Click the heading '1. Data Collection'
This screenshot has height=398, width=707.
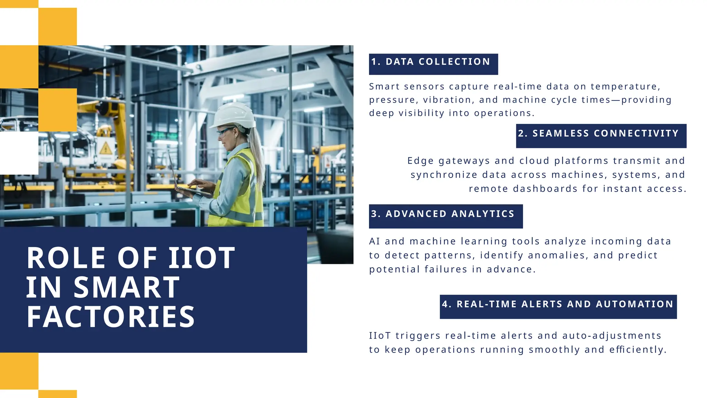[x=433, y=62]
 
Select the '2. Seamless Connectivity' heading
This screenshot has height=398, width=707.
[x=601, y=134]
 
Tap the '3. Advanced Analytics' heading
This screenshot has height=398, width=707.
[x=445, y=214]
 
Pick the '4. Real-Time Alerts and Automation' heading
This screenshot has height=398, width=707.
[x=558, y=304]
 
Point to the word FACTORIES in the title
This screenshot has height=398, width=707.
[x=111, y=317]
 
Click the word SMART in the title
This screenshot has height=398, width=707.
[x=127, y=287]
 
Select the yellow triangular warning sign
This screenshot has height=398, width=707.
[x=106, y=149]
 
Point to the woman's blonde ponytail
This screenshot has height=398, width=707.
[x=257, y=152]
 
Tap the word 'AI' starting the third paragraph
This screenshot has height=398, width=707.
[x=374, y=241]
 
